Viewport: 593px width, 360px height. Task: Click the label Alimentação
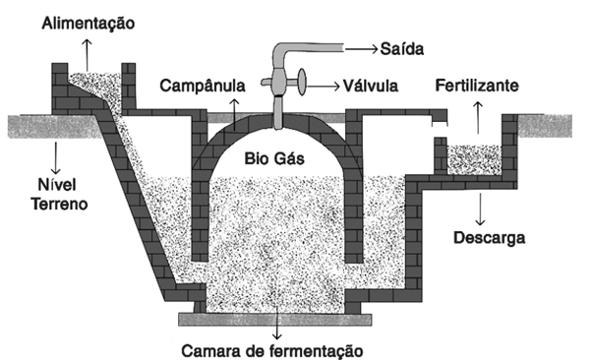tap(87, 20)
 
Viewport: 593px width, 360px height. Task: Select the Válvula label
tap(373, 87)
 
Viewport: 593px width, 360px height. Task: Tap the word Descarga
tap(489, 236)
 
